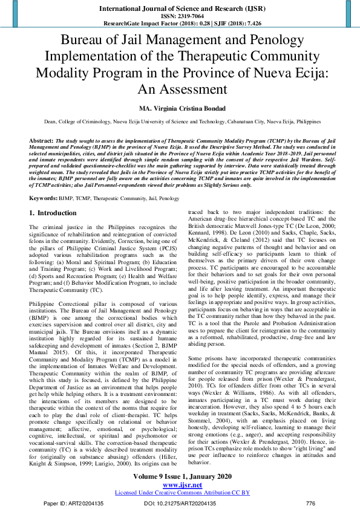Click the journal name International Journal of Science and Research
point(180,10)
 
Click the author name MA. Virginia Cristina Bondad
point(180,108)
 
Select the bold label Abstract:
point(42,140)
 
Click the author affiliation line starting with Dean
point(180,121)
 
